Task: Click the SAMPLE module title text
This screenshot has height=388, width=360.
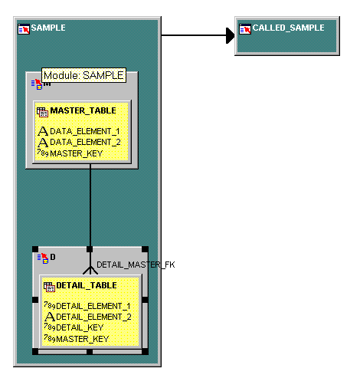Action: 48,28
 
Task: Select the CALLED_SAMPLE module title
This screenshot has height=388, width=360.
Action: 289,28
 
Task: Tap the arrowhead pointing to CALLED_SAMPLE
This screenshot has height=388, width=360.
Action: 231,35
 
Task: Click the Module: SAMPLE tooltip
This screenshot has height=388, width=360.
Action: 83,75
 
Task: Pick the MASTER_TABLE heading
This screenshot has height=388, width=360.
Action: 83,110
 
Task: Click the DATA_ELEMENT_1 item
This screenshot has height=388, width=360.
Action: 85,131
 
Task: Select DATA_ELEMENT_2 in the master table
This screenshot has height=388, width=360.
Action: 85,142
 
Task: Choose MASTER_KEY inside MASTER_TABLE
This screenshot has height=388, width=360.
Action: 77,153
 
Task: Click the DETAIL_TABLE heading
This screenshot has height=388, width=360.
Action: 87,285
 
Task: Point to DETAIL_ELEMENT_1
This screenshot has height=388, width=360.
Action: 93,306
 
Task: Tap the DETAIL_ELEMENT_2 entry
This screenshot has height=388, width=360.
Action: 93,317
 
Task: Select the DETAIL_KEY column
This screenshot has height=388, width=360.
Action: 80,327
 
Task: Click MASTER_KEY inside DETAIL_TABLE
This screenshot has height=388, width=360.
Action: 83,339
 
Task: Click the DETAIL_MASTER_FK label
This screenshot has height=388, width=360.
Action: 136,265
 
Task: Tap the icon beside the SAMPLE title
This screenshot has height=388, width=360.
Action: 24,29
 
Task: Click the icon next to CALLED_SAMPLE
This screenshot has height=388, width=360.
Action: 245,29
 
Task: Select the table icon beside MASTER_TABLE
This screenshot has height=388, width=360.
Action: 42,112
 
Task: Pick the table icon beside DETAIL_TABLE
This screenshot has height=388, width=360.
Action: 49,287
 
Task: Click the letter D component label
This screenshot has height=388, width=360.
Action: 53,257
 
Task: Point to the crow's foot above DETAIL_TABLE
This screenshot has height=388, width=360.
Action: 90,270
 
